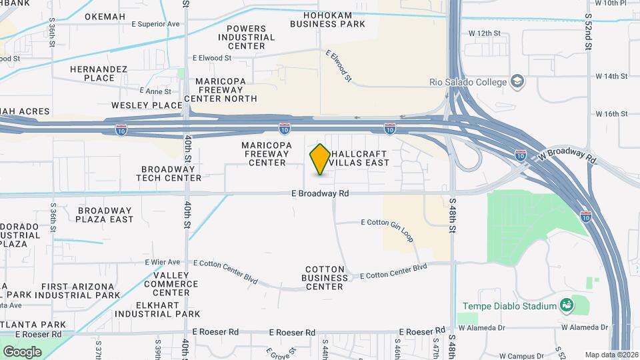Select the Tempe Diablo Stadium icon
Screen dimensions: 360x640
pyautogui.click(x=567, y=306)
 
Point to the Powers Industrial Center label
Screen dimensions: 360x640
pyautogui.click(x=251, y=37)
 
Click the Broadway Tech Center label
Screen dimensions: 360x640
pyautogui.click(x=169, y=173)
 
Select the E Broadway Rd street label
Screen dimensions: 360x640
pyautogui.click(x=320, y=194)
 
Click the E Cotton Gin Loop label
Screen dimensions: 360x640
pyautogui.click(x=387, y=222)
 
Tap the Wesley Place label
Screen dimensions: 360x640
pyautogui.click(x=147, y=105)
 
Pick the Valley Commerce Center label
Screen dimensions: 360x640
pyautogui.click(x=175, y=283)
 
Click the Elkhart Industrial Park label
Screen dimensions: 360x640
pyautogui.click(x=157, y=309)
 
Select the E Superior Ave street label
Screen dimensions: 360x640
pyautogui.click(x=156, y=24)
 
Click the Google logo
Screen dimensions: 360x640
pyautogui.click(x=22, y=351)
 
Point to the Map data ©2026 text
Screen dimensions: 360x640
pyautogui.click(x=611, y=355)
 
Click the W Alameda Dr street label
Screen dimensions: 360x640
pyautogui.click(x=585, y=327)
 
